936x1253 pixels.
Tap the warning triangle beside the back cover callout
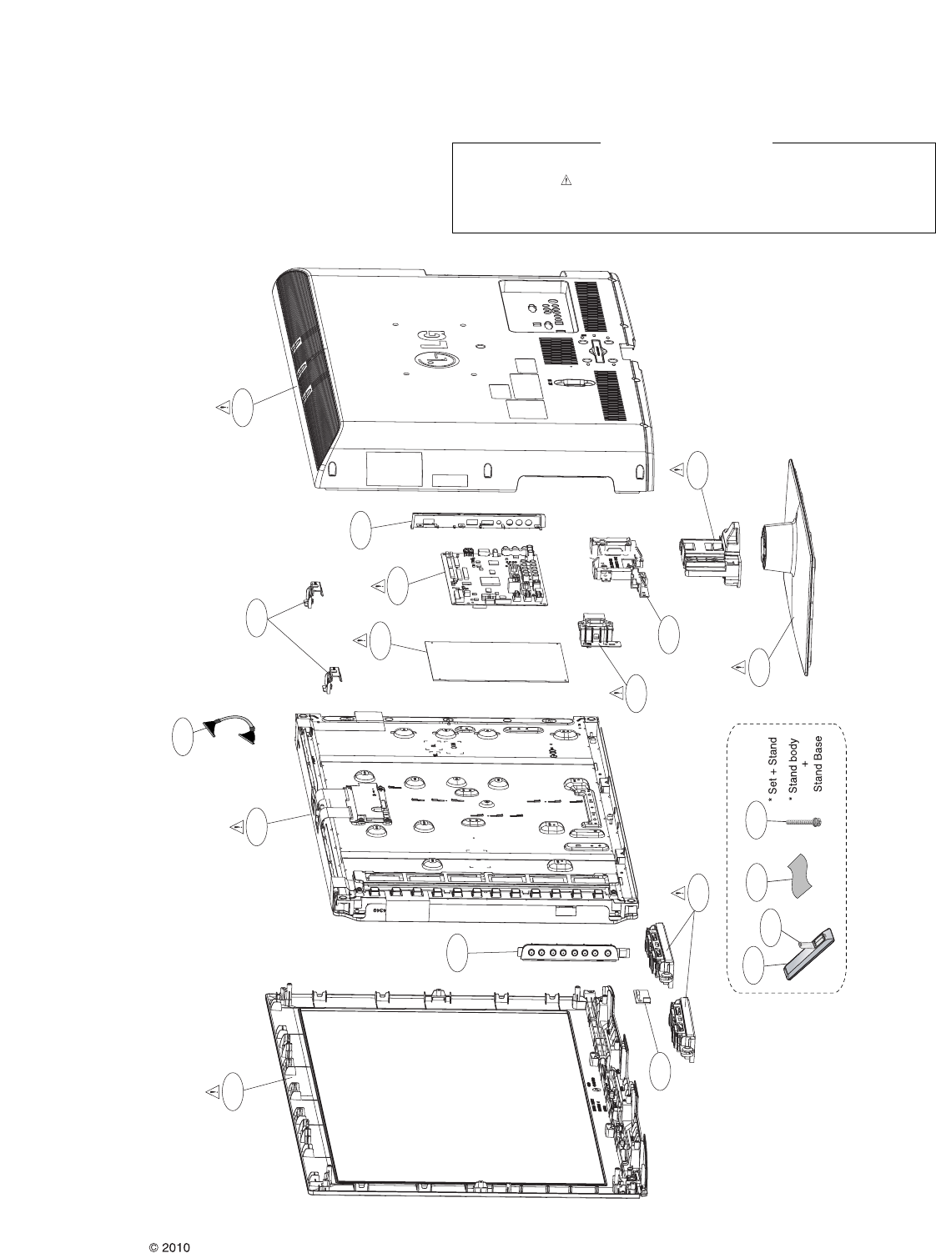[223, 407]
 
